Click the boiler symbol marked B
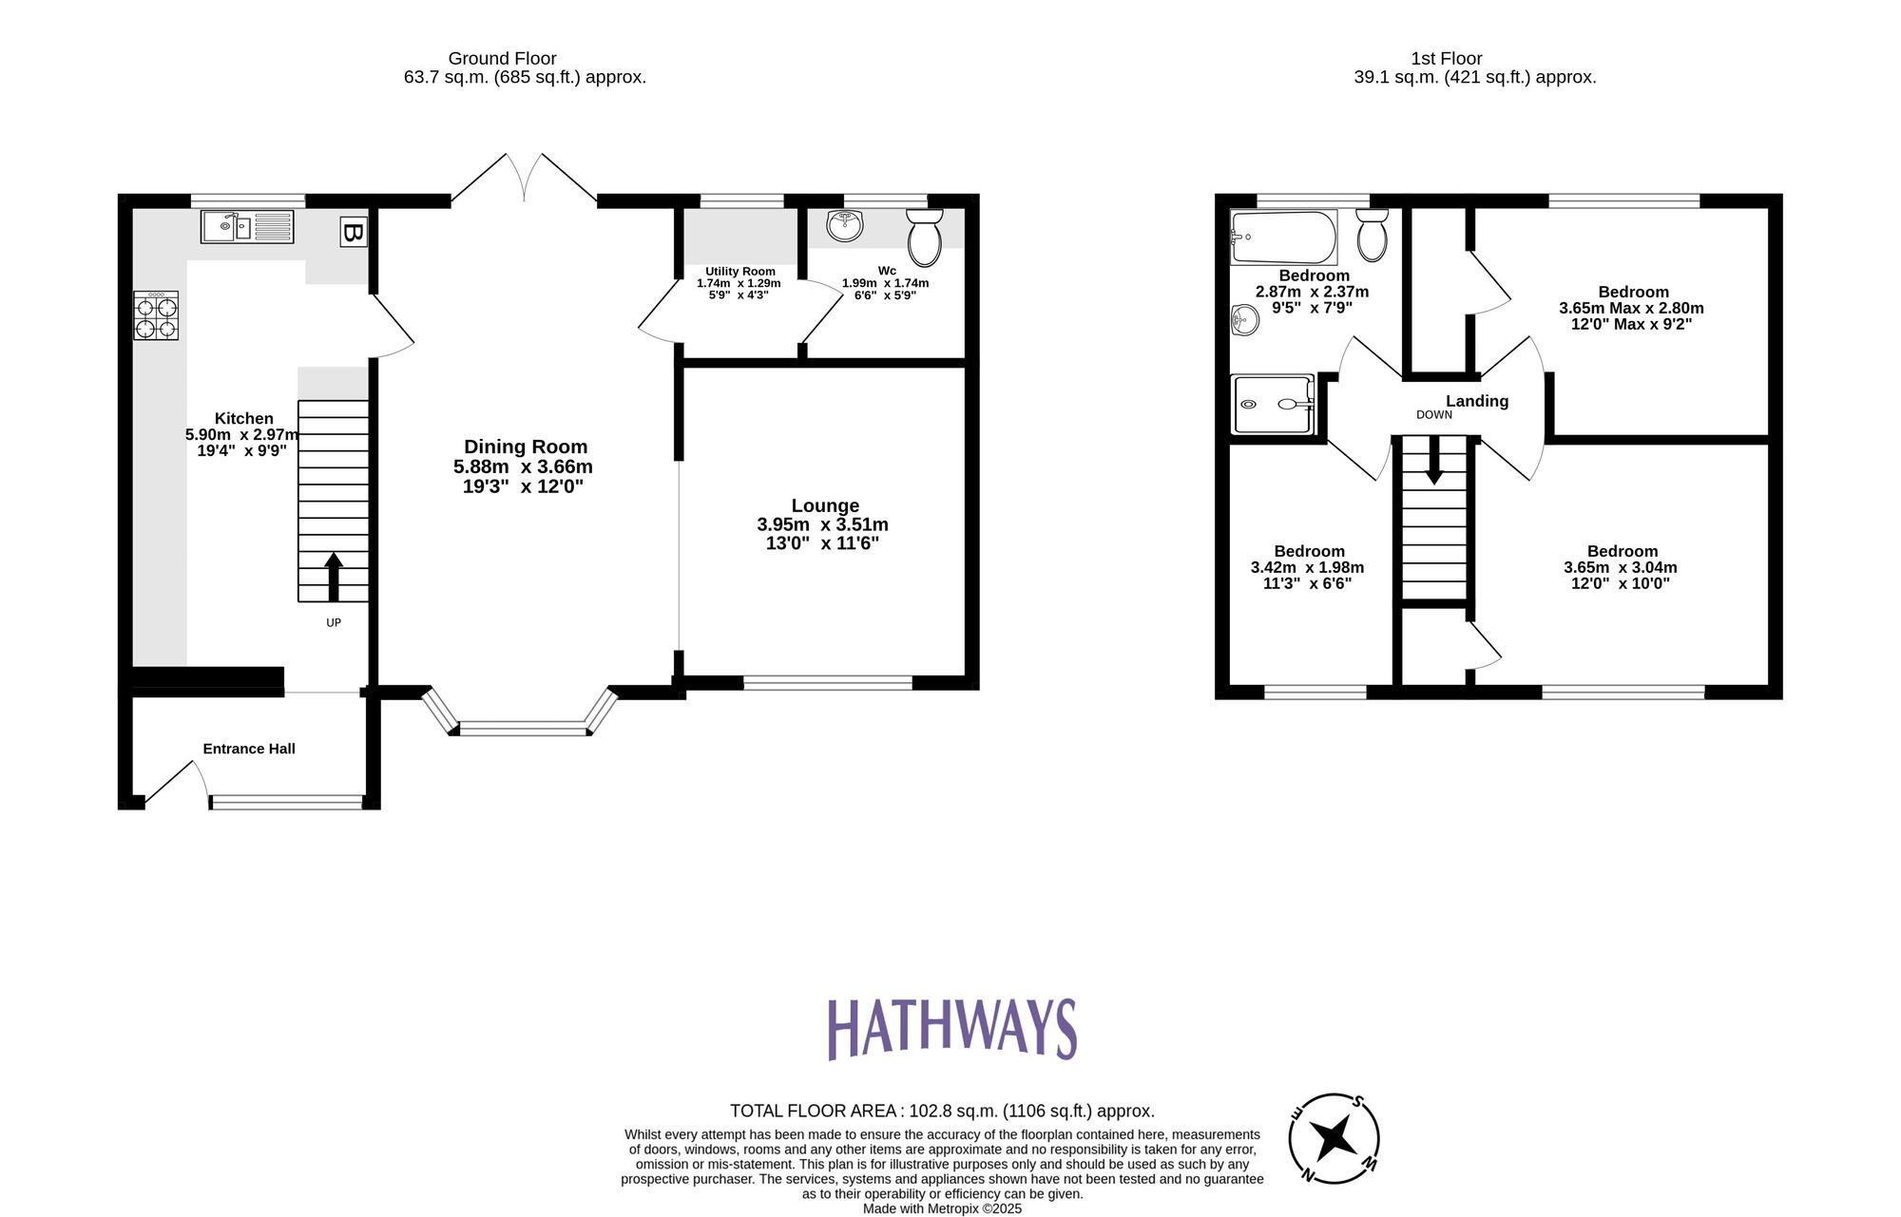coord(353,233)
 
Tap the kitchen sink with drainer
coord(247,227)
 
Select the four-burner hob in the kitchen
coord(156,316)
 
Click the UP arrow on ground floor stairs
coord(334,576)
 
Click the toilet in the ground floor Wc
coord(924,238)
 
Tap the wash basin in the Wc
coord(845,225)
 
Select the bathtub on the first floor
coord(1283,238)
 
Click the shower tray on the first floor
coord(1273,404)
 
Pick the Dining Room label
coord(525,447)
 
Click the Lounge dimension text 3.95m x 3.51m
coord(822,524)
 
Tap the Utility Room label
coord(739,272)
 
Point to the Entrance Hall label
coord(249,749)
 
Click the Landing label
coord(1477,401)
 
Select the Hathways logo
coord(951,1028)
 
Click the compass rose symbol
coord(1334,1137)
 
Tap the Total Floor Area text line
coord(942,1111)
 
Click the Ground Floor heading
coord(502,59)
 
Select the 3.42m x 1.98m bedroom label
coord(1307,567)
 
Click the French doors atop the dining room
coord(524,179)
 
